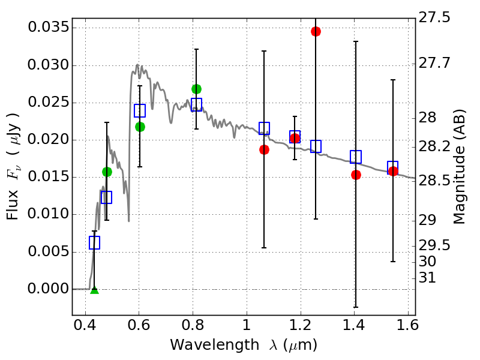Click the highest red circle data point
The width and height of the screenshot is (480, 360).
pos(316,31)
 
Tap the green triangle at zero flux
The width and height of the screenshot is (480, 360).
pos(94,290)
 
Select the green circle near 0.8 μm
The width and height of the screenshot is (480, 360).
pos(196,89)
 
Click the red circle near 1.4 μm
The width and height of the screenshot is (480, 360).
pos(356,175)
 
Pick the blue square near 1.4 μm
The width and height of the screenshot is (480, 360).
pos(356,157)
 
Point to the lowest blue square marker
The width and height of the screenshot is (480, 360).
pos(94,242)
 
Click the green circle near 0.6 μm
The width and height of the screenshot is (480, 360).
pos(140,127)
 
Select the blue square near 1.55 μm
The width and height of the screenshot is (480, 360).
pos(393,166)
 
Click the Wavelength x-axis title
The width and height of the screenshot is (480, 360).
pos(243,345)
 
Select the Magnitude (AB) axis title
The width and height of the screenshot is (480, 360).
pos(460,167)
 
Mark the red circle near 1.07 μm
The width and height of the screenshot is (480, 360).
pos(264,149)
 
